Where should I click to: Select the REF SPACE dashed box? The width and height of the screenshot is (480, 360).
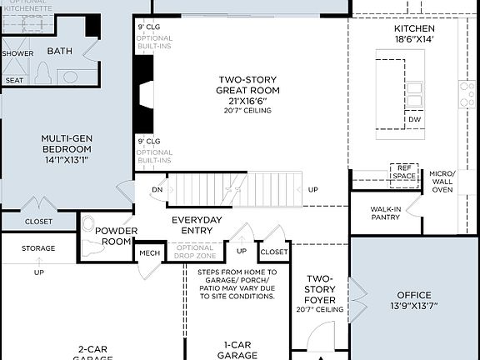click(403, 172)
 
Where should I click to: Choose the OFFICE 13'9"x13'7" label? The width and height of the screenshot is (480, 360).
click(414, 301)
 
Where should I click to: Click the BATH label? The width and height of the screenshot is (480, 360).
click(60, 51)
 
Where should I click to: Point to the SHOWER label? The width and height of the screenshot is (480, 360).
click(17, 52)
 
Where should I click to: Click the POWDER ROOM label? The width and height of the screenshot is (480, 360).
click(114, 236)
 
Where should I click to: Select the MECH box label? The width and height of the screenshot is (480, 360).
click(150, 253)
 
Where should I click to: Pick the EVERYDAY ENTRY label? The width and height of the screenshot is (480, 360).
click(197, 225)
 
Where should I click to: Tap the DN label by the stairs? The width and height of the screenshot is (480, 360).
click(157, 189)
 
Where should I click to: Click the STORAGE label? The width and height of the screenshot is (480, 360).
click(38, 248)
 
